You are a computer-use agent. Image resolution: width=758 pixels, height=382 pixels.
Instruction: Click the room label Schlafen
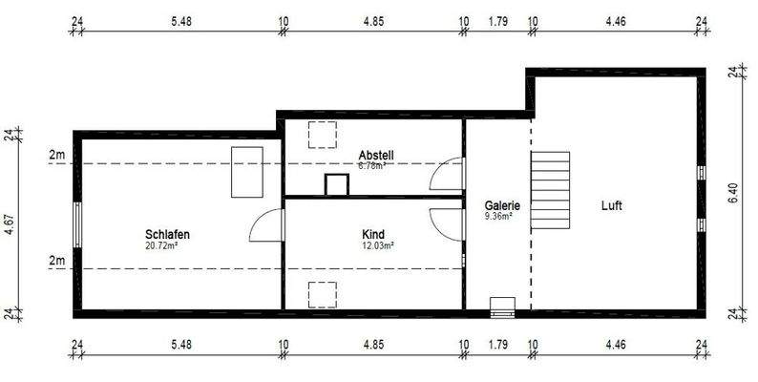pyautogui.click(x=167, y=234)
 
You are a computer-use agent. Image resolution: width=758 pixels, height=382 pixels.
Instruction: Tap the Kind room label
pyautogui.click(x=373, y=234)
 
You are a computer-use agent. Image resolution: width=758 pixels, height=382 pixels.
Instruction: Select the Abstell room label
pyautogui.click(x=376, y=156)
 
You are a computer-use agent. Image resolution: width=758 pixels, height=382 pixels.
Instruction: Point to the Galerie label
pyautogui.click(x=502, y=205)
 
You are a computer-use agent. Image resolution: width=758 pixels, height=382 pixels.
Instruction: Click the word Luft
pyautogui.click(x=612, y=205)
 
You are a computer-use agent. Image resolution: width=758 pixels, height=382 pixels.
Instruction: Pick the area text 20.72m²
pyautogui.click(x=161, y=245)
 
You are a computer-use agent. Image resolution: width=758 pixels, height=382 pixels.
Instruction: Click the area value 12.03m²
pyautogui.click(x=377, y=245)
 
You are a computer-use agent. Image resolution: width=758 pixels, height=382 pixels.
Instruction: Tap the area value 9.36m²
pyautogui.click(x=498, y=217)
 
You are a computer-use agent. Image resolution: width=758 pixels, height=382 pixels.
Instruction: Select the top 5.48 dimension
pyautogui.click(x=180, y=20)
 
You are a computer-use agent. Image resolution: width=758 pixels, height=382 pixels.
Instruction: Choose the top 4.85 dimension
pyautogui.click(x=373, y=20)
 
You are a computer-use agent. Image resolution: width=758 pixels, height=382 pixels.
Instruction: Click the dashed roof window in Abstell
pyautogui.click(x=325, y=135)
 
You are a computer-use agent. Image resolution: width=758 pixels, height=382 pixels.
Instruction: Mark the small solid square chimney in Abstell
pyautogui.click(x=337, y=185)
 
